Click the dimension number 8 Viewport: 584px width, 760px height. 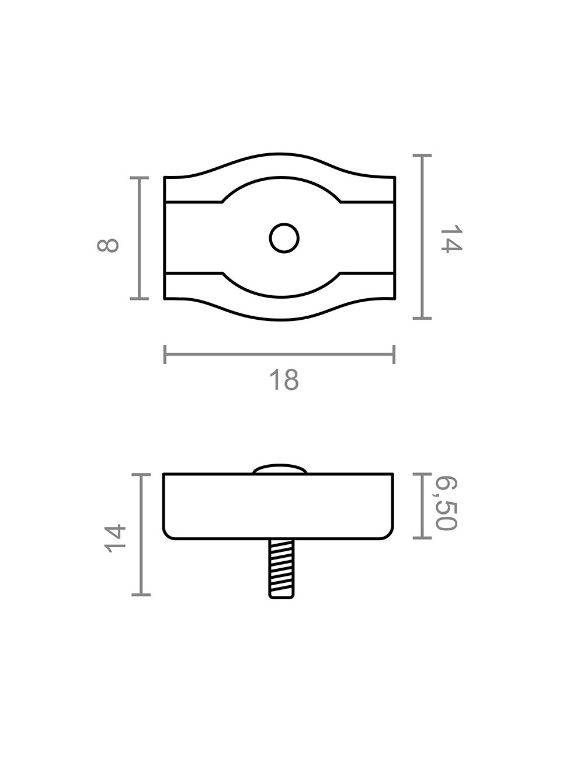(108, 244)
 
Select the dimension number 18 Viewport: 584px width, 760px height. (284, 380)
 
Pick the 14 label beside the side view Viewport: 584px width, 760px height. (115, 538)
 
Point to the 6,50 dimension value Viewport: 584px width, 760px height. (446, 503)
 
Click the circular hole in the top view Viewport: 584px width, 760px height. (284, 238)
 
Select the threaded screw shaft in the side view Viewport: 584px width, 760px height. (281, 567)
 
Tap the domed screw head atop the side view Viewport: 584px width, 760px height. (280, 469)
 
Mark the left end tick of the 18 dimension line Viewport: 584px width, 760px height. (165, 354)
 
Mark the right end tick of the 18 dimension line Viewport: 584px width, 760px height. (394, 354)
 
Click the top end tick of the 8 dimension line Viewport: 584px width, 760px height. (139, 177)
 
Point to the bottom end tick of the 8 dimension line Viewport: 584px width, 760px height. (139, 299)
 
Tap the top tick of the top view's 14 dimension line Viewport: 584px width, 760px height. (422, 156)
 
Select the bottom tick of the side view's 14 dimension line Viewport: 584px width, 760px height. (141, 595)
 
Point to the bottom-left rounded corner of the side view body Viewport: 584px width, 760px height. (167, 535)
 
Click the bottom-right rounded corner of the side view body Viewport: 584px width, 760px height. (388, 535)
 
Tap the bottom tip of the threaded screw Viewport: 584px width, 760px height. (281, 597)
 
